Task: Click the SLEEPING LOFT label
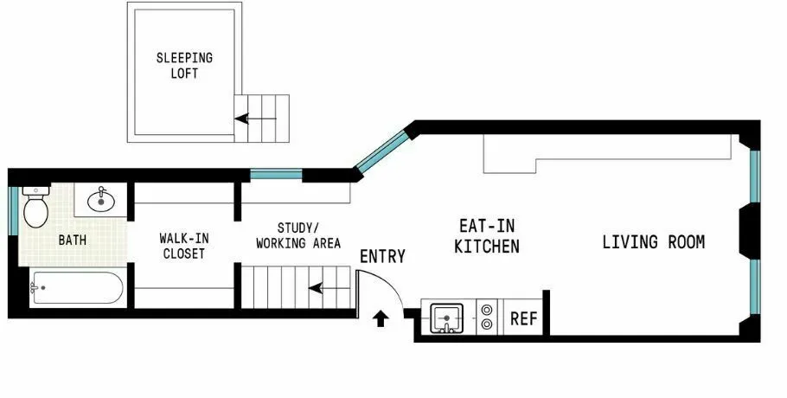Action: [183, 66]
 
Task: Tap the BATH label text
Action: [73, 240]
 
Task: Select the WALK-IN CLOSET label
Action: [183, 246]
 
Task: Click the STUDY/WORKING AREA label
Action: [298, 235]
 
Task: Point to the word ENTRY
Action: [382, 256]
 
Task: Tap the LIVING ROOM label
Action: [653, 242]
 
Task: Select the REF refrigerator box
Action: [523, 318]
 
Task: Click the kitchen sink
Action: [446, 318]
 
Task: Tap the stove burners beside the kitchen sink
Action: [487, 317]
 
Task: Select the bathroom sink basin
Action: [102, 199]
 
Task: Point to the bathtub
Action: [76, 288]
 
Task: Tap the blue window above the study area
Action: [276, 175]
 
